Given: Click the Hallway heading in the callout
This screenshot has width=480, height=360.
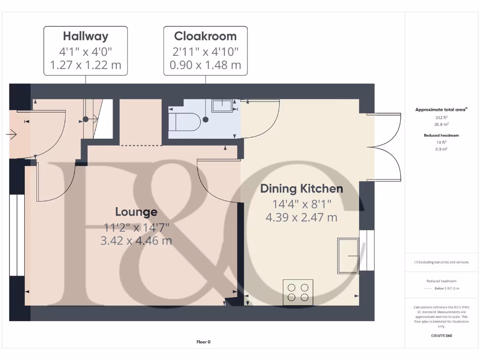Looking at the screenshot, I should tap(85, 36).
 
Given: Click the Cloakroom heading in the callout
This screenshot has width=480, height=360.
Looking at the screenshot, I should tap(205, 36).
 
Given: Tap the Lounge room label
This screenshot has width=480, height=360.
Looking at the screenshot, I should tap(136, 212).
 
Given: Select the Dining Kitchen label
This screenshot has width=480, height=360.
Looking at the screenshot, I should tap(301, 188).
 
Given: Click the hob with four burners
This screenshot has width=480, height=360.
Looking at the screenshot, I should tap(298, 292).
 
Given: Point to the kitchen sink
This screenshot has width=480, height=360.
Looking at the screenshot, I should tap(348, 255).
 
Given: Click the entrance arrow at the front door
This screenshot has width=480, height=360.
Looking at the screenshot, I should tap(11, 135).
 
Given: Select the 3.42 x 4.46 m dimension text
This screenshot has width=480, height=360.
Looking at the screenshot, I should tap(136, 241).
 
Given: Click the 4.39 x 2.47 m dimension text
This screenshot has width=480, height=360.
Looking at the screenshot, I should tap(301, 217).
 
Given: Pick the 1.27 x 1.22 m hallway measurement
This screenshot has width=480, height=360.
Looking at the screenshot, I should tap(85, 65).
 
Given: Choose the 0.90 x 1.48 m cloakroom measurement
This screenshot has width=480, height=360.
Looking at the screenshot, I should tap(205, 65).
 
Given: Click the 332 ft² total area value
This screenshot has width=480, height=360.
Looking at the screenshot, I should tap(442, 118).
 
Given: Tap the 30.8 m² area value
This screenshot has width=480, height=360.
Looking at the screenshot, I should tap(442, 125).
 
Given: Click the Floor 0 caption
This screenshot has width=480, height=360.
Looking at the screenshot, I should tap(203, 342).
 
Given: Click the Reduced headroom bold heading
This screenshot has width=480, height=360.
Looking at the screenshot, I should tap(442, 135).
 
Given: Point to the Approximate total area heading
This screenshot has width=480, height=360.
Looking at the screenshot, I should tap(441, 109).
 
